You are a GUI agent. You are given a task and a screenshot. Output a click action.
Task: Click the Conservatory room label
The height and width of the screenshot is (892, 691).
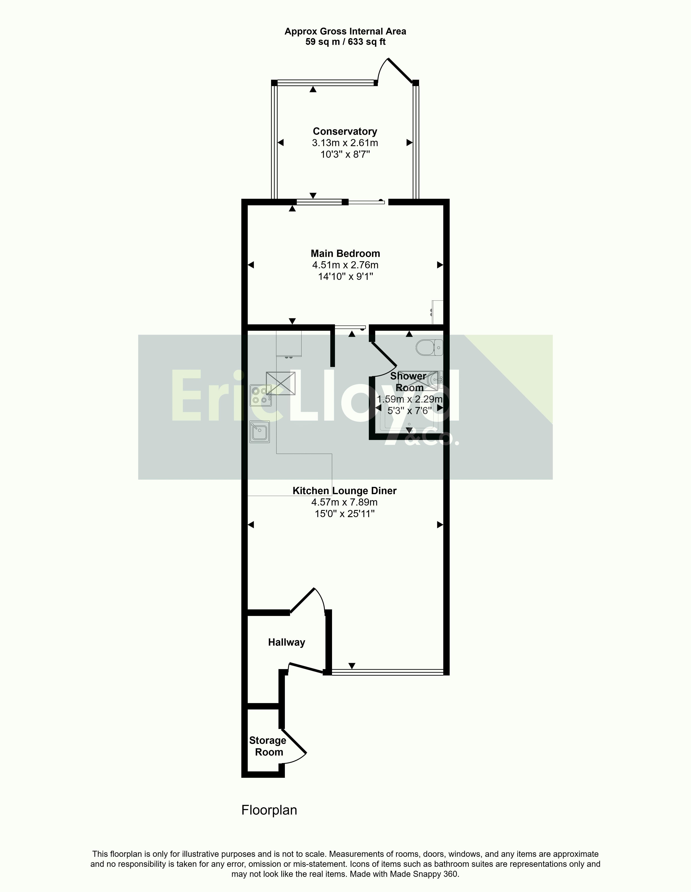(345, 131)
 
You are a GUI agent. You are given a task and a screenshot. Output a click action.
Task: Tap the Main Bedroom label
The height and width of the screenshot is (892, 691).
(345, 254)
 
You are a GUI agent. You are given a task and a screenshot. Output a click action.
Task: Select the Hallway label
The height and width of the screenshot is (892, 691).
(287, 643)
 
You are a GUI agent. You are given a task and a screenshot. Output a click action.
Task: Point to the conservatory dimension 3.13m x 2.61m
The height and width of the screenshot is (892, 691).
(345, 143)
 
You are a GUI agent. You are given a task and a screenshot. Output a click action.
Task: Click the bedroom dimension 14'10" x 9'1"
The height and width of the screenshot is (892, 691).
(345, 277)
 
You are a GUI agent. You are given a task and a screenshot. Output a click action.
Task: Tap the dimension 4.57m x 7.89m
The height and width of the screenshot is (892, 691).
(344, 502)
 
